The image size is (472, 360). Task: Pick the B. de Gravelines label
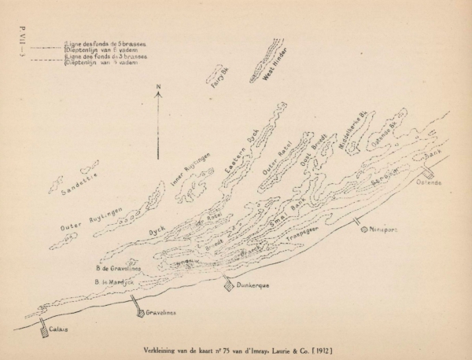click(x=115, y=268)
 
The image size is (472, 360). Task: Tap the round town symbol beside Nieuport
click(x=364, y=230)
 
